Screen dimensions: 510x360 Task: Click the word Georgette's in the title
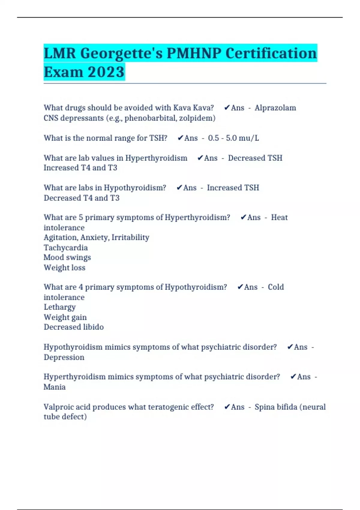tap(121, 54)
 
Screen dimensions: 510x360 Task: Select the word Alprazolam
tap(275, 108)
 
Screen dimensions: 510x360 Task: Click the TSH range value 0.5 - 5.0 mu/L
tap(233, 138)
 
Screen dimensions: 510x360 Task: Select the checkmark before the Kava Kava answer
tap(227, 108)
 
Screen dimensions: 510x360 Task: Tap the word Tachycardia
tap(66, 248)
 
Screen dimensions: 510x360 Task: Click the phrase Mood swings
tap(67, 258)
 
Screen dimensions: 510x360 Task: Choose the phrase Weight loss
tap(64, 268)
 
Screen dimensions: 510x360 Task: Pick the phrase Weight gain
tap(65, 317)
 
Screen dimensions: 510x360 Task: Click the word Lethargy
tap(60, 307)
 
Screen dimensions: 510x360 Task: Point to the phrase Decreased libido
tap(74, 327)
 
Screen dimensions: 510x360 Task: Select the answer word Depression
tap(64, 357)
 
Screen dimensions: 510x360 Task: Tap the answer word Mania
tap(55, 387)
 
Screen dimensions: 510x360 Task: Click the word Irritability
tap(130, 238)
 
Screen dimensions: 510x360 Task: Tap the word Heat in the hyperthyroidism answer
tap(279, 217)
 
